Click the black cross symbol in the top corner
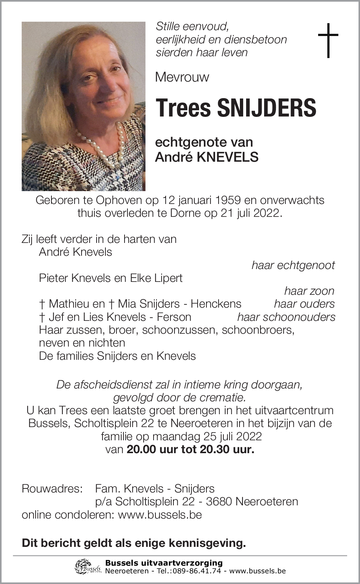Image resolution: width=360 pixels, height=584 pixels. pyautogui.click(x=328, y=40)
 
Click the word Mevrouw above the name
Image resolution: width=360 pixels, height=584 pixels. pyautogui.click(x=182, y=77)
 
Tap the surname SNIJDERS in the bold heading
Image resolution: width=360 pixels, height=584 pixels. pyautogui.click(x=266, y=108)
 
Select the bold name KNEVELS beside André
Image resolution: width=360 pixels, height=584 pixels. pyautogui.click(x=228, y=157)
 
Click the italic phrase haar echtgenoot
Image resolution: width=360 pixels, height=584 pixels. pyautogui.click(x=293, y=265)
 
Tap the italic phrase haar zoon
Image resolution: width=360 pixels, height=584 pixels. pyautogui.click(x=309, y=291)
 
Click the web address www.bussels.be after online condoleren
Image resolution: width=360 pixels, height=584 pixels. pyautogui.click(x=160, y=515)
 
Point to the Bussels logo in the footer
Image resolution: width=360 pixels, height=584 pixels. pyautogui.click(x=88, y=566)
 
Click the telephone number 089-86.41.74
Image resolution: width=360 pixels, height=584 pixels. pyautogui.click(x=201, y=571)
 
